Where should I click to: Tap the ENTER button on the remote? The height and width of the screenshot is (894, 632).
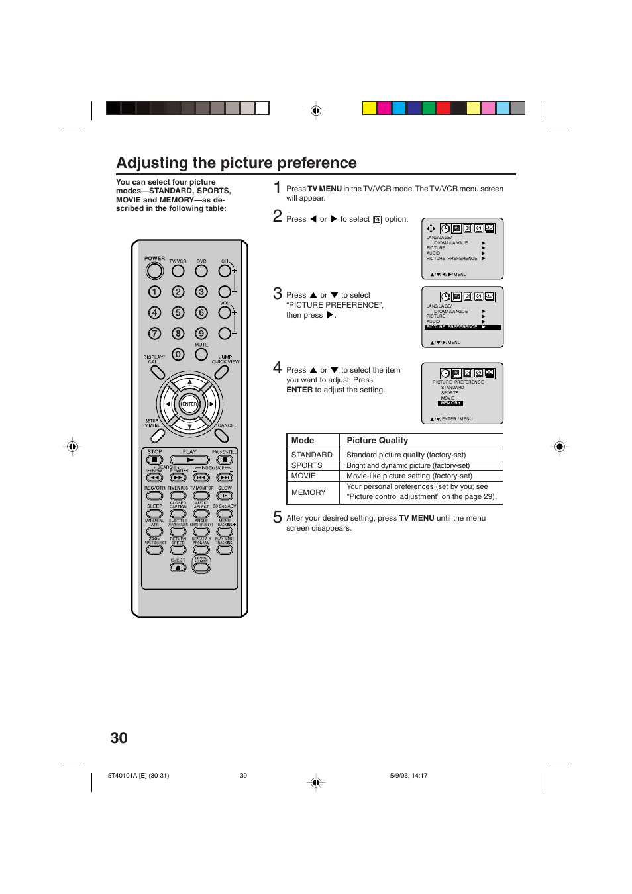189,404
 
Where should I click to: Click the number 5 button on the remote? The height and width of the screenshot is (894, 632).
178,312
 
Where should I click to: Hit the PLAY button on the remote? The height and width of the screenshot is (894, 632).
189,459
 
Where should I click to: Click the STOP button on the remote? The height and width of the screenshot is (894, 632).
154,459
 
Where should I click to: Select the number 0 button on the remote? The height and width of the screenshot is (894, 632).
178,354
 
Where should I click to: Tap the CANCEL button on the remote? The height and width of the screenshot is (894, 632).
222,435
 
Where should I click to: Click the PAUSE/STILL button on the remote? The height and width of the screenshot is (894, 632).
225,459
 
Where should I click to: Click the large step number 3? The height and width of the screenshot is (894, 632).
278,294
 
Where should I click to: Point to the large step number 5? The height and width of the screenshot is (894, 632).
278,517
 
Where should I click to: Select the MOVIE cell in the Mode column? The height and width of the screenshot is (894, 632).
303,476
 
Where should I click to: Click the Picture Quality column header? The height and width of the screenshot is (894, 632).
377,441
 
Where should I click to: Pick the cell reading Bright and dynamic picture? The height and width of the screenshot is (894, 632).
408,465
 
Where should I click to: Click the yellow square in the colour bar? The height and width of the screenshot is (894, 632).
370,108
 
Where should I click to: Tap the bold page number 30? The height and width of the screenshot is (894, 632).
119,738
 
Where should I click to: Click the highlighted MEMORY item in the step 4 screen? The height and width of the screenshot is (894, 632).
450,403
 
